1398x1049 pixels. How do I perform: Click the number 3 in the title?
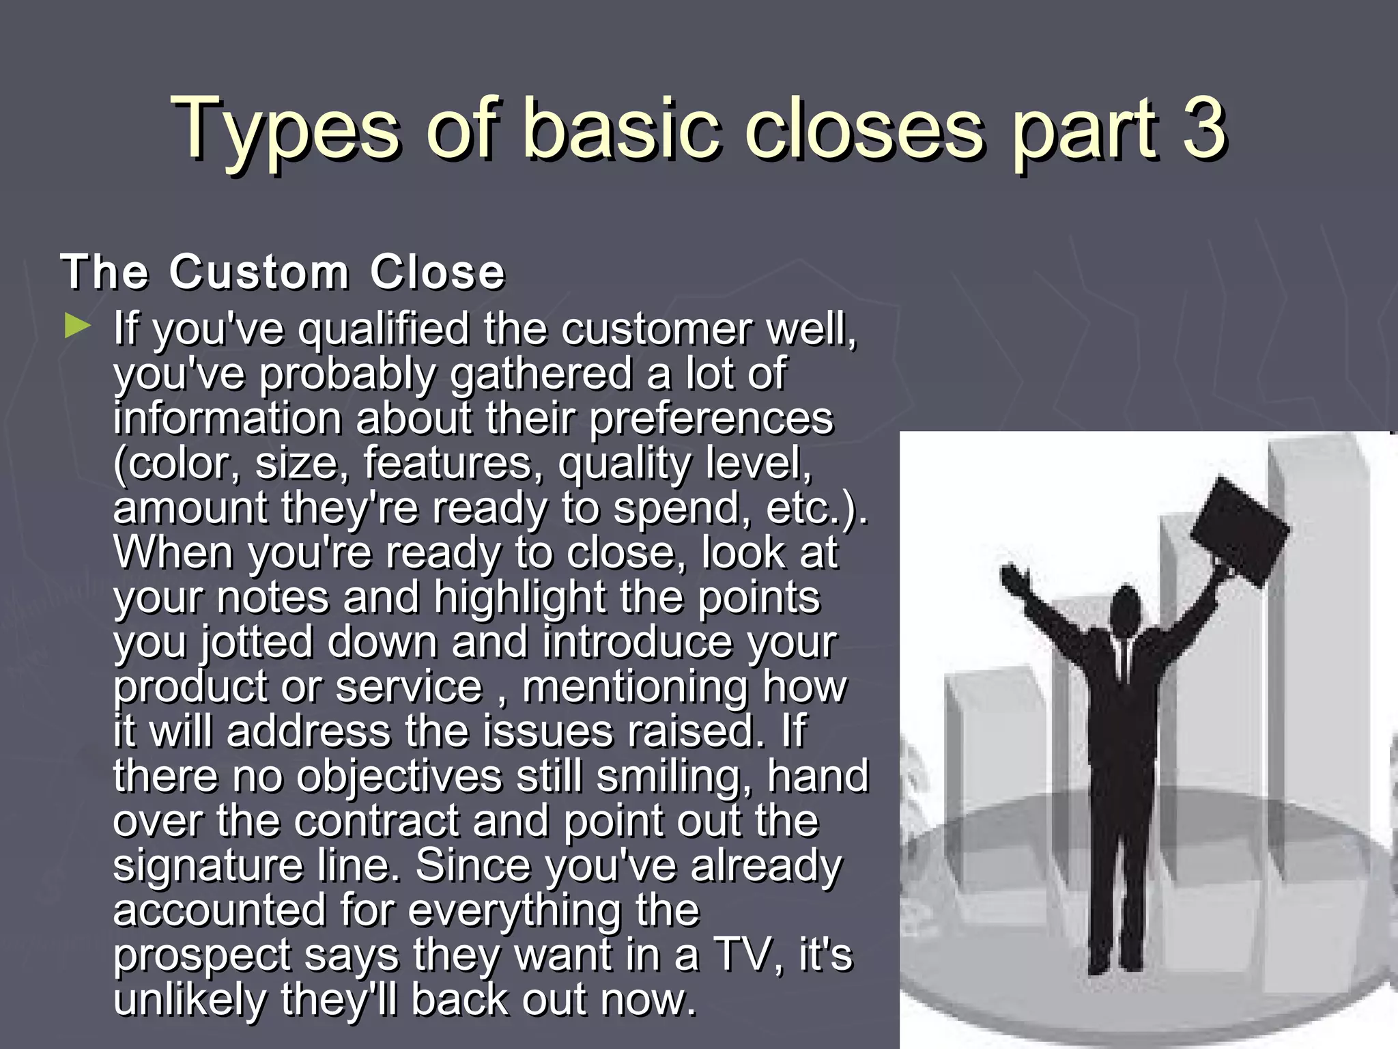pyautogui.click(x=1204, y=128)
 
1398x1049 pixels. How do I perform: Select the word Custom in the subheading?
pyautogui.click(x=259, y=272)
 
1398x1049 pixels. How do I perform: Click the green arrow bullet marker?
pyautogui.click(x=76, y=326)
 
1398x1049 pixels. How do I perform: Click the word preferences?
pyautogui.click(x=711, y=419)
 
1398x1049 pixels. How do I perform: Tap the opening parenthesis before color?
pyautogui.click(x=120, y=464)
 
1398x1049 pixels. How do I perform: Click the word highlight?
pyautogui.click(x=519, y=598)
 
